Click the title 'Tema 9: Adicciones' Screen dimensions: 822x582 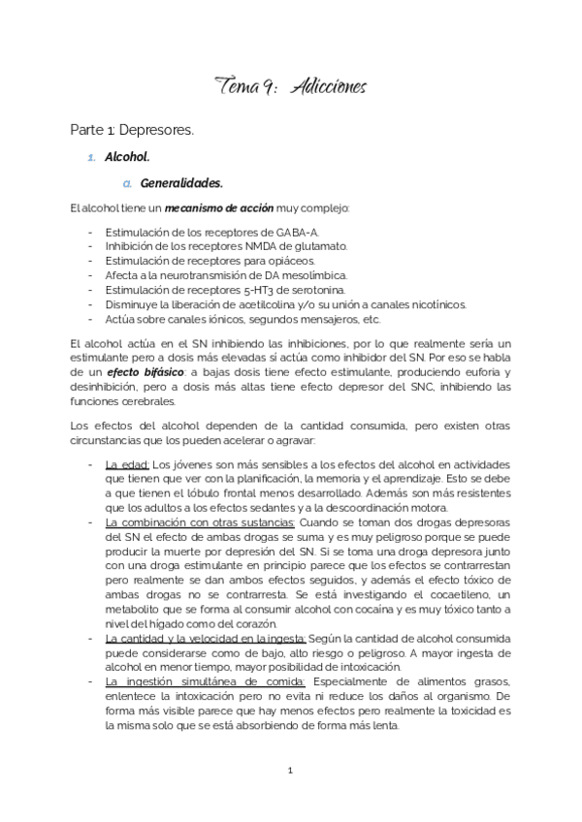[291, 88]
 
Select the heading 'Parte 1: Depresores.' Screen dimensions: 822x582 [132, 129]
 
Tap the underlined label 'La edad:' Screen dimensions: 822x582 [127, 464]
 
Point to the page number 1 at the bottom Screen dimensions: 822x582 [289, 772]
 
